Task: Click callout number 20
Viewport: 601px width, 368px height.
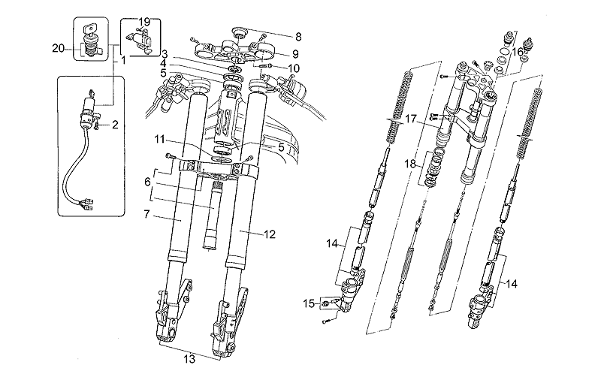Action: point(57,49)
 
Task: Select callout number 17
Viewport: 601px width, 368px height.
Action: point(410,119)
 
